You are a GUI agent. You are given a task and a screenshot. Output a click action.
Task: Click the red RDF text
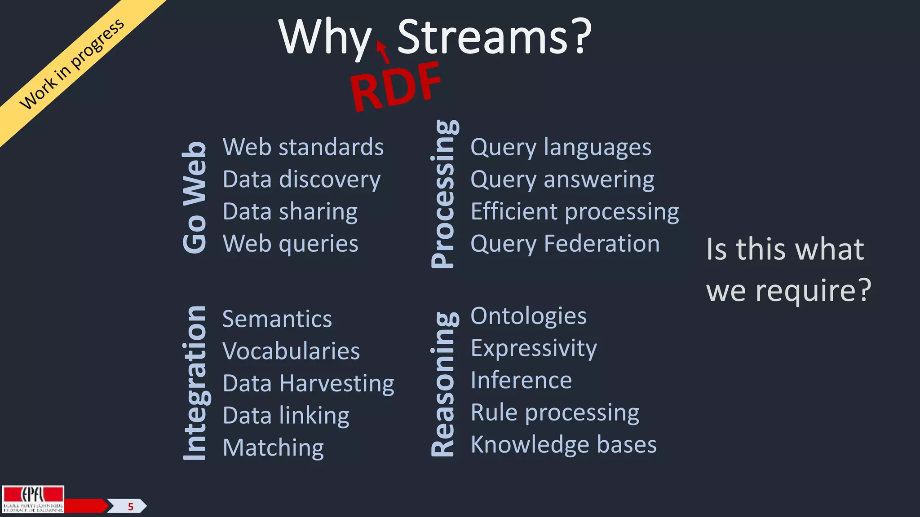pyautogui.click(x=395, y=87)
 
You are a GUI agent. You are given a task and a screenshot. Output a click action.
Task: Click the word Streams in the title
pyautogui.click(x=483, y=37)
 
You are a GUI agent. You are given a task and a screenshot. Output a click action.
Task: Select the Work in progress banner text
pyautogui.click(x=72, y=64)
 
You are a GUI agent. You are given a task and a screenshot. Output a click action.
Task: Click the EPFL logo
pyautogui.click(x=33, y=499)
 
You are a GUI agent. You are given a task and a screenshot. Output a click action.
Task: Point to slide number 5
pyautogui.click(x=131, y=507)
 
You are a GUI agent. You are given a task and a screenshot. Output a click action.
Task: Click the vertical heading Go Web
pyautogui.click(x=195, y=197)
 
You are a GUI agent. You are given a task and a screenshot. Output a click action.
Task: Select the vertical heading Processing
pyautogui.click(x=444, y=194)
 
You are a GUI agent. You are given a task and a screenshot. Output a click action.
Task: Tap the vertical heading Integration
pyautogui.click(x=195, y=383)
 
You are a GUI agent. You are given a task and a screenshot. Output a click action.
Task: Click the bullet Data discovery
pyautogui.click(x=301, y=180)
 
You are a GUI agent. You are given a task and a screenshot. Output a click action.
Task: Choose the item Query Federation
pyautogui.click(x=565, y=244)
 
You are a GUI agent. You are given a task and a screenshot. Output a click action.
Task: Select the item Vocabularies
pyautogui.click(x=291, y=351)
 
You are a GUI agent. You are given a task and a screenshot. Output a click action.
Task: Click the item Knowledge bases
pyautogui.click(x=563, y=445)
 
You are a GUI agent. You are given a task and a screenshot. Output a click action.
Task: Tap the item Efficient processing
pyautogui.click(x=575, y=212)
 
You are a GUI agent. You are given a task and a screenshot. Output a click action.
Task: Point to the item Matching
pyautogui.click(x=273, y=448)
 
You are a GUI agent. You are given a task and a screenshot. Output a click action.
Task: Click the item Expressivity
pyautogui.click(x=534, y=348)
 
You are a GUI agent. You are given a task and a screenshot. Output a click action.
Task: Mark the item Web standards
pyautogui.click(x=303, y=147)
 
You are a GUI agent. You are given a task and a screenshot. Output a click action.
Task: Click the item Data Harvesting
pyautogui.click(x=308, y=384)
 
